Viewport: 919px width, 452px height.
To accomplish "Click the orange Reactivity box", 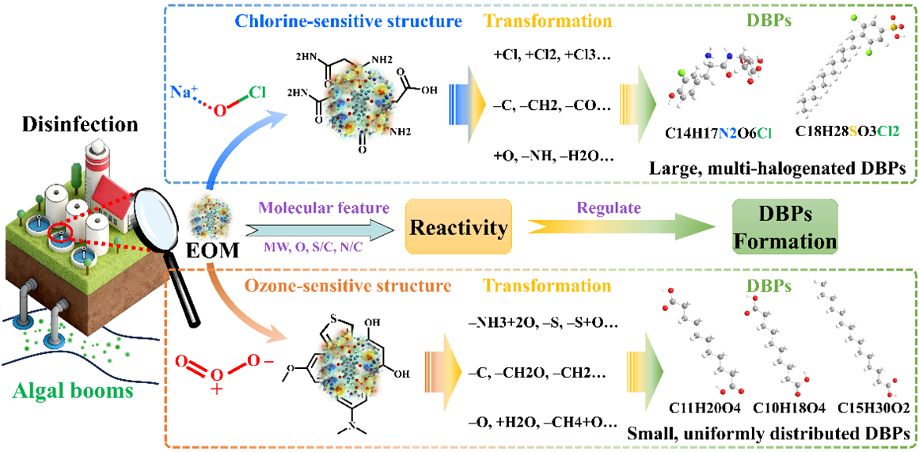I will click(x=458, y=228).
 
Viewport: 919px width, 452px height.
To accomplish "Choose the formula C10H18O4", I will click(x=776, y=409).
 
